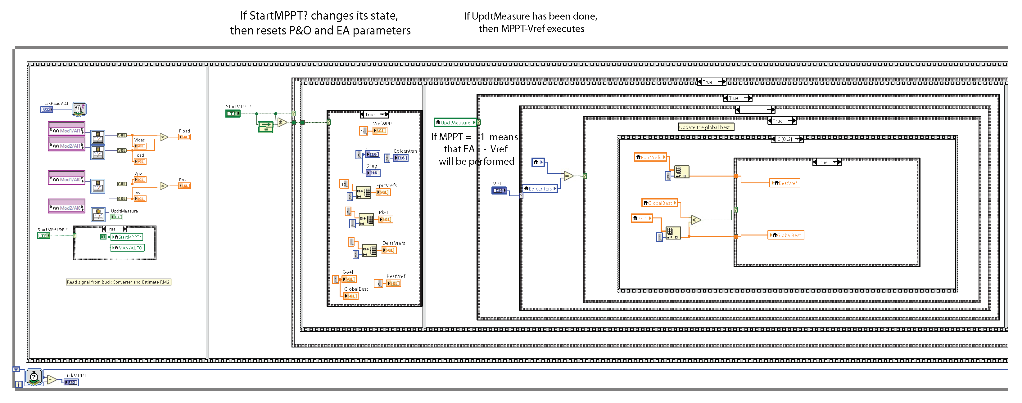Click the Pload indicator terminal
184,137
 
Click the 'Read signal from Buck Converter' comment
118,282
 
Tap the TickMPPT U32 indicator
71,383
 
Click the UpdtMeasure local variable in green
455,123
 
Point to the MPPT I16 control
499,191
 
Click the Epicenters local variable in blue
540,189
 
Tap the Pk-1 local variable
641,218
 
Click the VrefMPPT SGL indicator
380,131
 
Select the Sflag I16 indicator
373,173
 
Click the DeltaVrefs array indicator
389,250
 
